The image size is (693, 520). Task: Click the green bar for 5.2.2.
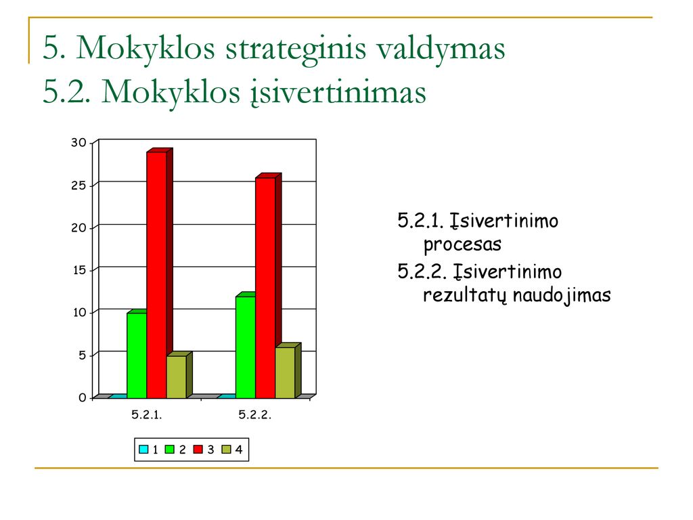tap(246, 345)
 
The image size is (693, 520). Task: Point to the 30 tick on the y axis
tap(79, 142)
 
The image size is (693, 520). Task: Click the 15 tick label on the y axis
tap(79, 270)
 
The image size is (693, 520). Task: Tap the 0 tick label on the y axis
tap(82, 398)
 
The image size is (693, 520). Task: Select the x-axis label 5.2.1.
tap(147, 415)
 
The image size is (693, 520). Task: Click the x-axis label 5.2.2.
tap(254, 415)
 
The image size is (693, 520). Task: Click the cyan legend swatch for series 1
tap(143, 450)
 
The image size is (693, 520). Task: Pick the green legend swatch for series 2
tap(169, 450)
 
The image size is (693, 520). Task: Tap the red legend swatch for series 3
tap(198, 450)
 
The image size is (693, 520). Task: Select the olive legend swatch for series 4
tap(226, 450)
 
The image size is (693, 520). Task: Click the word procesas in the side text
tap(462, 244)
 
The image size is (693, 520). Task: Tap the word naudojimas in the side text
tap(562, 295)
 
